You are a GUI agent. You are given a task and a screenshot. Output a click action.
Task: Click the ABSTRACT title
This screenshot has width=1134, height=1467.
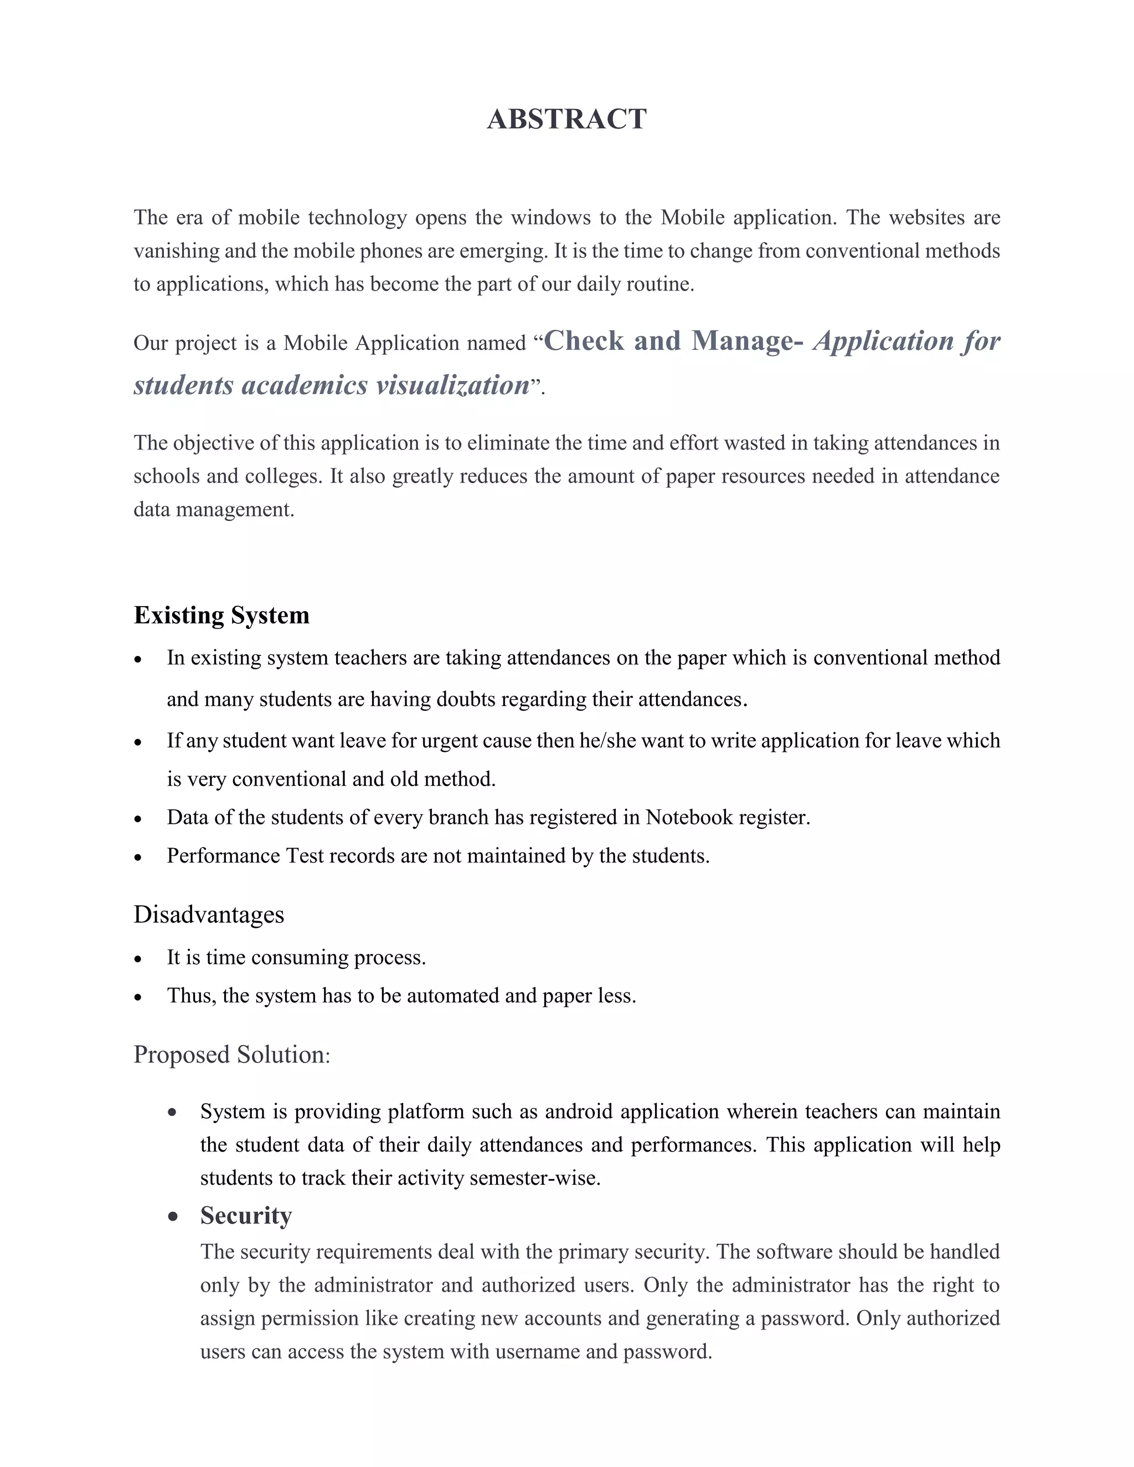566,120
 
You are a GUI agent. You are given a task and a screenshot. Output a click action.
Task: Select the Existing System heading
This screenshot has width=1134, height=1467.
221,615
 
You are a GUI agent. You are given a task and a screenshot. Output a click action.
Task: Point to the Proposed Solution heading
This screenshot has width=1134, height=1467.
231,1055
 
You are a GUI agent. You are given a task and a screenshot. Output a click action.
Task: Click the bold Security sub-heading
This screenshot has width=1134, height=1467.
246,1216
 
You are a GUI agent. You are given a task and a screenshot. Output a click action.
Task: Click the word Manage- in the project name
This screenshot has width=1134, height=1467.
747,341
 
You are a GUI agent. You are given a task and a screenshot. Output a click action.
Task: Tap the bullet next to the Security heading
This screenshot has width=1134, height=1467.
173,1216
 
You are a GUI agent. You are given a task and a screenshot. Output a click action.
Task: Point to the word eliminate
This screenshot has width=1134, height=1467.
504,443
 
